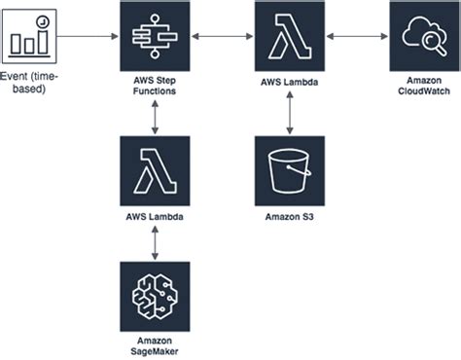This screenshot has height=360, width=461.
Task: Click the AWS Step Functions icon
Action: [x=155, y=36]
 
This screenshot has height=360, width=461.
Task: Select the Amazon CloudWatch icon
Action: [x=424, y=36]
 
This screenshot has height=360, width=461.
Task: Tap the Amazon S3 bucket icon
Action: [x=290, y=171]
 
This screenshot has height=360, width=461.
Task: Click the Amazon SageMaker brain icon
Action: [x=155, y=297]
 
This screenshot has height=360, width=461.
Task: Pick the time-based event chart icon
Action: [x=29, y=36]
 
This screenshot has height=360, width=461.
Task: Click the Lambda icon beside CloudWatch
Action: [x=290, y=36]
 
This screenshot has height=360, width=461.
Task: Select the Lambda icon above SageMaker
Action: [x=155, y=171]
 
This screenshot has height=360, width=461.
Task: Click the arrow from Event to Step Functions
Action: [x=88, y=36]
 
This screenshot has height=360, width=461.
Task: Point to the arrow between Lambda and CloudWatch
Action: [x=357, y=36]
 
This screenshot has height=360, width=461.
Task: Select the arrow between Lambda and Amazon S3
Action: [x=290, y=113]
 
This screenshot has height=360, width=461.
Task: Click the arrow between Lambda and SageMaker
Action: [x=155, y=243]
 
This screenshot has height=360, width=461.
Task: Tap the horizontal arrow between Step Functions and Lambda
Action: [x=223, y=36]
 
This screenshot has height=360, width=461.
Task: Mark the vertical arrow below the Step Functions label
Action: [x=155, y=118]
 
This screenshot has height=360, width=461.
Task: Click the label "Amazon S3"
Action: [x=290, y=217]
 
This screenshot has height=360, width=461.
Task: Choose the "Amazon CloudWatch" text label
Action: [x=424, y=86]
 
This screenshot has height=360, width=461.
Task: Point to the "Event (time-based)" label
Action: [x=29, y=83]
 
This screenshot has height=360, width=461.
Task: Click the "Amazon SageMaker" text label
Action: [x=155, y=346]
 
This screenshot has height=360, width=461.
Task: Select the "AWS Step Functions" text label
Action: [x=155, y=86]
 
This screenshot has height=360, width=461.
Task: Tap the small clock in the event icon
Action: [x=43, y=21]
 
